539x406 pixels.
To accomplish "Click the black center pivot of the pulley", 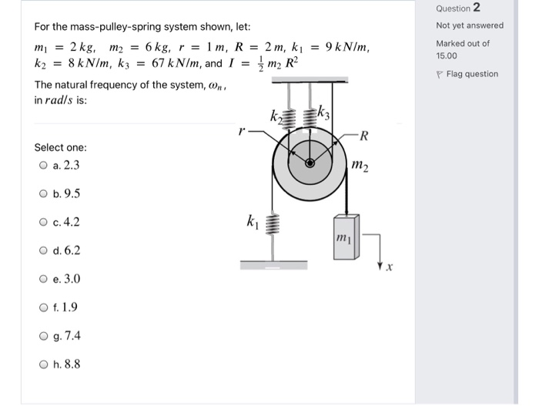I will [x=310, y=163].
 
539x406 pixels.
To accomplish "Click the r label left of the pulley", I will [x=242, y=131].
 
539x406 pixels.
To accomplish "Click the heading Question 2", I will [x=457, y=8].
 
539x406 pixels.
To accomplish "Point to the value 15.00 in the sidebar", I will [x=447, y=55].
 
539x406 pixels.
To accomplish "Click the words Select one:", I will [x=61, y=147].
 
